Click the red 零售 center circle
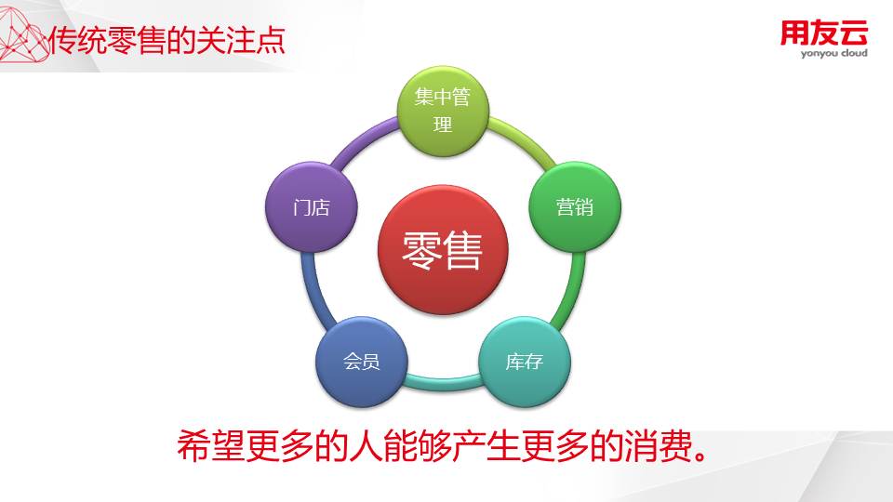tap(443, 250)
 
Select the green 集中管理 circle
tap(443, 111)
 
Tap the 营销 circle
tap(575, 207)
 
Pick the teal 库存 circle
tap(524, 362)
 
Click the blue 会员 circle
tap(362, 362)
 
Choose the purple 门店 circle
tap(312, 207)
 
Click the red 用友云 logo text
tap(823, 33)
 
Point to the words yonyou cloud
tap(833, 54)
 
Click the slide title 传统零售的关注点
tap(167, 40)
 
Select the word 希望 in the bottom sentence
tap(211, 445)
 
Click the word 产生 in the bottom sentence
tap(486, 445)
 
